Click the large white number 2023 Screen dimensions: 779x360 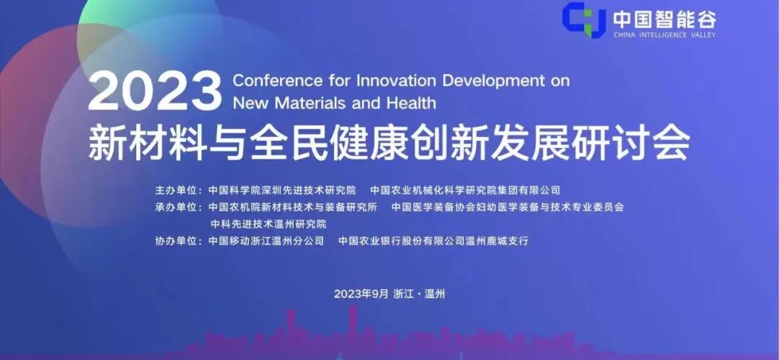coord(154,91)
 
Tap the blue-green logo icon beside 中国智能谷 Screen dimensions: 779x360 coord(584,20)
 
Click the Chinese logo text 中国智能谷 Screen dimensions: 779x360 coord(665,19)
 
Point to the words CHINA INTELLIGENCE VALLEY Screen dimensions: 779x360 coord(665,35)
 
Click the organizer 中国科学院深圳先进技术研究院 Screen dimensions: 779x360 coord(282,190)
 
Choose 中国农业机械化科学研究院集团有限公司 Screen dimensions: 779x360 coord(465,190)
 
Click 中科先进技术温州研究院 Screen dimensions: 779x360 coord(268,224)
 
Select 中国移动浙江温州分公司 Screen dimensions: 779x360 coord(266,241)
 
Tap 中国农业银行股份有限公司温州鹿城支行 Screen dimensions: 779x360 coord(433,241)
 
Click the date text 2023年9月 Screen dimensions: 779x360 coord(361,294)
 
